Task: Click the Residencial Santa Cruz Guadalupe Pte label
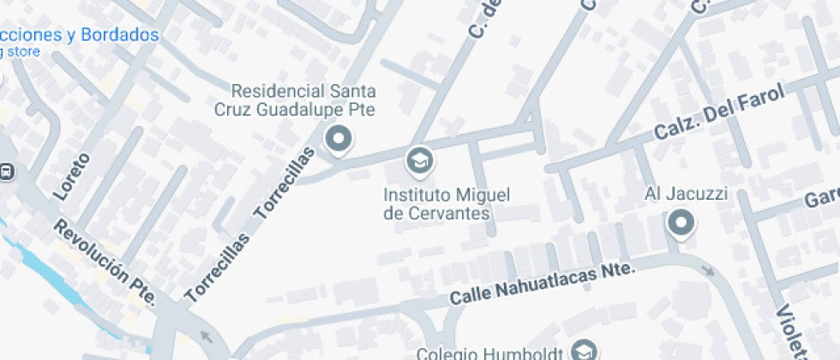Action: coord(304,100)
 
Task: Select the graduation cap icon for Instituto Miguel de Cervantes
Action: coord(418,160)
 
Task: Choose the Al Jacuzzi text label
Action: coord(686,195)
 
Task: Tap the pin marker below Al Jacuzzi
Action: coord(681,225)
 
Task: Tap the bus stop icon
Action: coord(6,171)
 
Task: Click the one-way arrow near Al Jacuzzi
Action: coord(708,272)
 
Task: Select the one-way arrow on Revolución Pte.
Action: coord(205,336)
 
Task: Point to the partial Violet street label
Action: coord(794,331)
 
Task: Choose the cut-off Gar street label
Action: coord(821,199)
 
